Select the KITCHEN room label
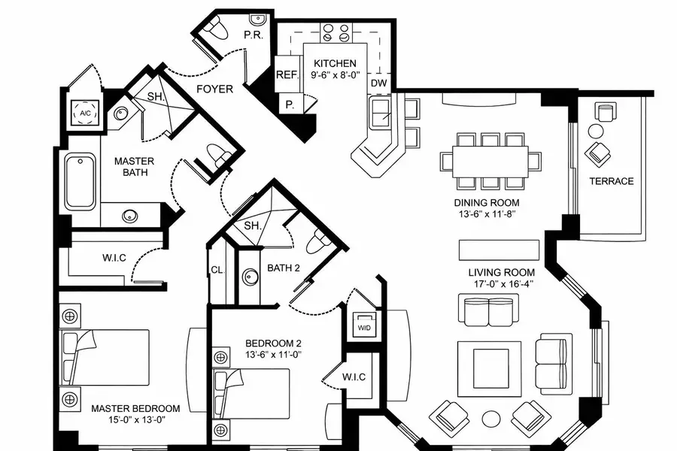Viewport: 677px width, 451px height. [x=335, y=63]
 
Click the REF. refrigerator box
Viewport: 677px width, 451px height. [x=287, y=75]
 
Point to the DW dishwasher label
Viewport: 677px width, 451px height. [x=378, y=83]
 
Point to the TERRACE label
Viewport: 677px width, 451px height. [x=611, y=181]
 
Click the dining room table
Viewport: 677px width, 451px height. [x=490, y=160]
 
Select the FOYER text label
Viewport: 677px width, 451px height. [x=214, y=89]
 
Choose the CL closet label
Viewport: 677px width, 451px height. [x=217, y=269]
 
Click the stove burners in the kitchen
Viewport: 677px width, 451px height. [x=336, y=33]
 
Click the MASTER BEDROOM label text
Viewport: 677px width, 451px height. [x=135, y=408]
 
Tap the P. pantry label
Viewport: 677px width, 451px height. [x=290, y=105]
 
